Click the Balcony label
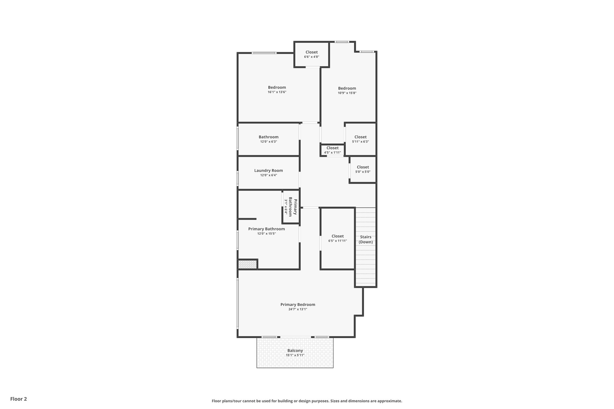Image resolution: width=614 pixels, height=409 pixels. tap(295, 350)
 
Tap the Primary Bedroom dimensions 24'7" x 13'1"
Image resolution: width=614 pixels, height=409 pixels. tap(298, 309)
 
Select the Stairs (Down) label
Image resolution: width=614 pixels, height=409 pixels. tap(365, 239)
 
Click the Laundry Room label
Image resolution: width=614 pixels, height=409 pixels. tap(268, 170)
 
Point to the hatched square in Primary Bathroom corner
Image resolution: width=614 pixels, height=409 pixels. tap(247, 265)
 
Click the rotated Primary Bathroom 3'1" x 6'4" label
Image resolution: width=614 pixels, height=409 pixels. tap(291, 207)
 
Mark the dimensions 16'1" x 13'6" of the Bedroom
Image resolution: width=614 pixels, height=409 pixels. tap(277, 92)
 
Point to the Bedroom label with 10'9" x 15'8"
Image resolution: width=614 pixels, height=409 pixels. tap(347, 88)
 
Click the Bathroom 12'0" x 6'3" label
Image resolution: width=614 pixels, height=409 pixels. tap(268, 137)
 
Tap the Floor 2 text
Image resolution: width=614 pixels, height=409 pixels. tap(19, 399)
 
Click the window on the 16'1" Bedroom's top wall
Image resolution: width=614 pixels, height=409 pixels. tap(264, 53)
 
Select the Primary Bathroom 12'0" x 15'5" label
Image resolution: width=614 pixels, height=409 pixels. tap(266, 229)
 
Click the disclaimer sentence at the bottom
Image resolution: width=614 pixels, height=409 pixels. tap(307, 401)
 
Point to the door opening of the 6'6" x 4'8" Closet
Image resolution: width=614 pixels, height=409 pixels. tap(313, 67)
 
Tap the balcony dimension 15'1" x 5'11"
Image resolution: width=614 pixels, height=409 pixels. tap(295, 355)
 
